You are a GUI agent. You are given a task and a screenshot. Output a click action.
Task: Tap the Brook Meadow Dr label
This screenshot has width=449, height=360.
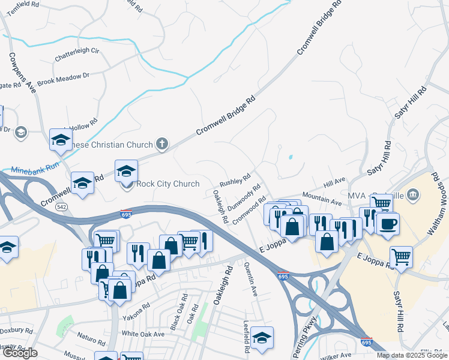tap(63, 79)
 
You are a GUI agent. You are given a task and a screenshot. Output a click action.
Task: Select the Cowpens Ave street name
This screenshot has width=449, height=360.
tap(22, 73)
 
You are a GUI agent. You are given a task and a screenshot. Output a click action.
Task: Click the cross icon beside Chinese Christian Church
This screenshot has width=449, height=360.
tap(161, 143)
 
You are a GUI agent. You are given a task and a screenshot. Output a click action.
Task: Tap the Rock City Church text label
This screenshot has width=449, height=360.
tap(168, 184)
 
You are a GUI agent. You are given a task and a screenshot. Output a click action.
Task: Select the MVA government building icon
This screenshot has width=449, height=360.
tap(412, 194)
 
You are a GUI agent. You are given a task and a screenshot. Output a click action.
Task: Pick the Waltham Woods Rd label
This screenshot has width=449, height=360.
tap(440, 198)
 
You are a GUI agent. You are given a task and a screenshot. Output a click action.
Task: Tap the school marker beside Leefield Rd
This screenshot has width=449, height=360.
tap(262, 338)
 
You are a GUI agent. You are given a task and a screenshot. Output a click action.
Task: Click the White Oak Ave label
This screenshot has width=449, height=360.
tap(143, 334)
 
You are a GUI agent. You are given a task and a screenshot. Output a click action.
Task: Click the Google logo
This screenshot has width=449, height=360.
tap(20, 353)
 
